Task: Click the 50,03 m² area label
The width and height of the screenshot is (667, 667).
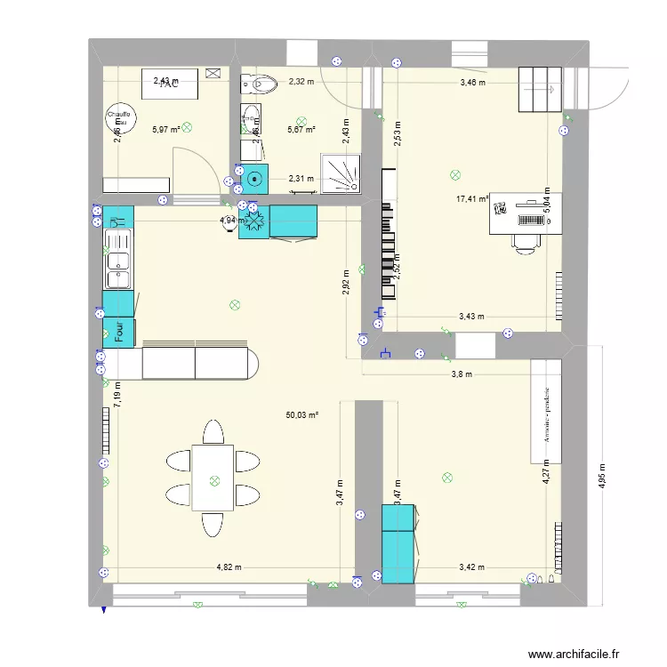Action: pyautogui.click(x=302, y=414)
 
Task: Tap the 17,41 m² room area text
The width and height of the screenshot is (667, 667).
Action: pyautogui.click(x=472, y=199)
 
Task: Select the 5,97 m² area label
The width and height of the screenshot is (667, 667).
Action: pyautogui.click(x=165, y=129)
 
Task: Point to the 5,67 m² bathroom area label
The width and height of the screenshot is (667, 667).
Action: pyautogui.click(x=301, y=130)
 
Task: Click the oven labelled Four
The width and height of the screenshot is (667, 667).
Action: pyautogui.click(x=118, y=332)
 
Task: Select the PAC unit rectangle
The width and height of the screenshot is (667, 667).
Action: pyautogui.click(x=169, y=84)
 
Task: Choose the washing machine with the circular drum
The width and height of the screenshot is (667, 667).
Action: pyautogui.click(x=256, y=179)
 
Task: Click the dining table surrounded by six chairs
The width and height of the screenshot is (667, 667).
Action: pyautogui.click(x=213, y=478)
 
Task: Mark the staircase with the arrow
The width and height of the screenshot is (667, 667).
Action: pyautogui.click(x=542, y=89)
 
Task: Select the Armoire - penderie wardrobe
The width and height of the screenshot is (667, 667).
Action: pyautogui.click(x=546, y=412)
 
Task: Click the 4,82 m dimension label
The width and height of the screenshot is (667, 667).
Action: pyautogui.click(x=230, y=567)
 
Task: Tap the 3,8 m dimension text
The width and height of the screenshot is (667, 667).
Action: pyautogui.click(x=461, y=374)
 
